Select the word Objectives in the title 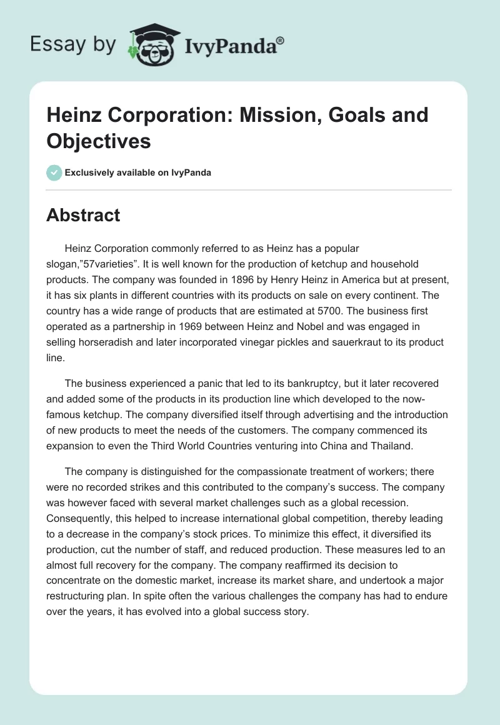[x=99, y=141]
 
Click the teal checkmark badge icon [x=54, y=172]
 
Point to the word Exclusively [x=91, y=172]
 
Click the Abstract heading [x=83, y=216]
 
